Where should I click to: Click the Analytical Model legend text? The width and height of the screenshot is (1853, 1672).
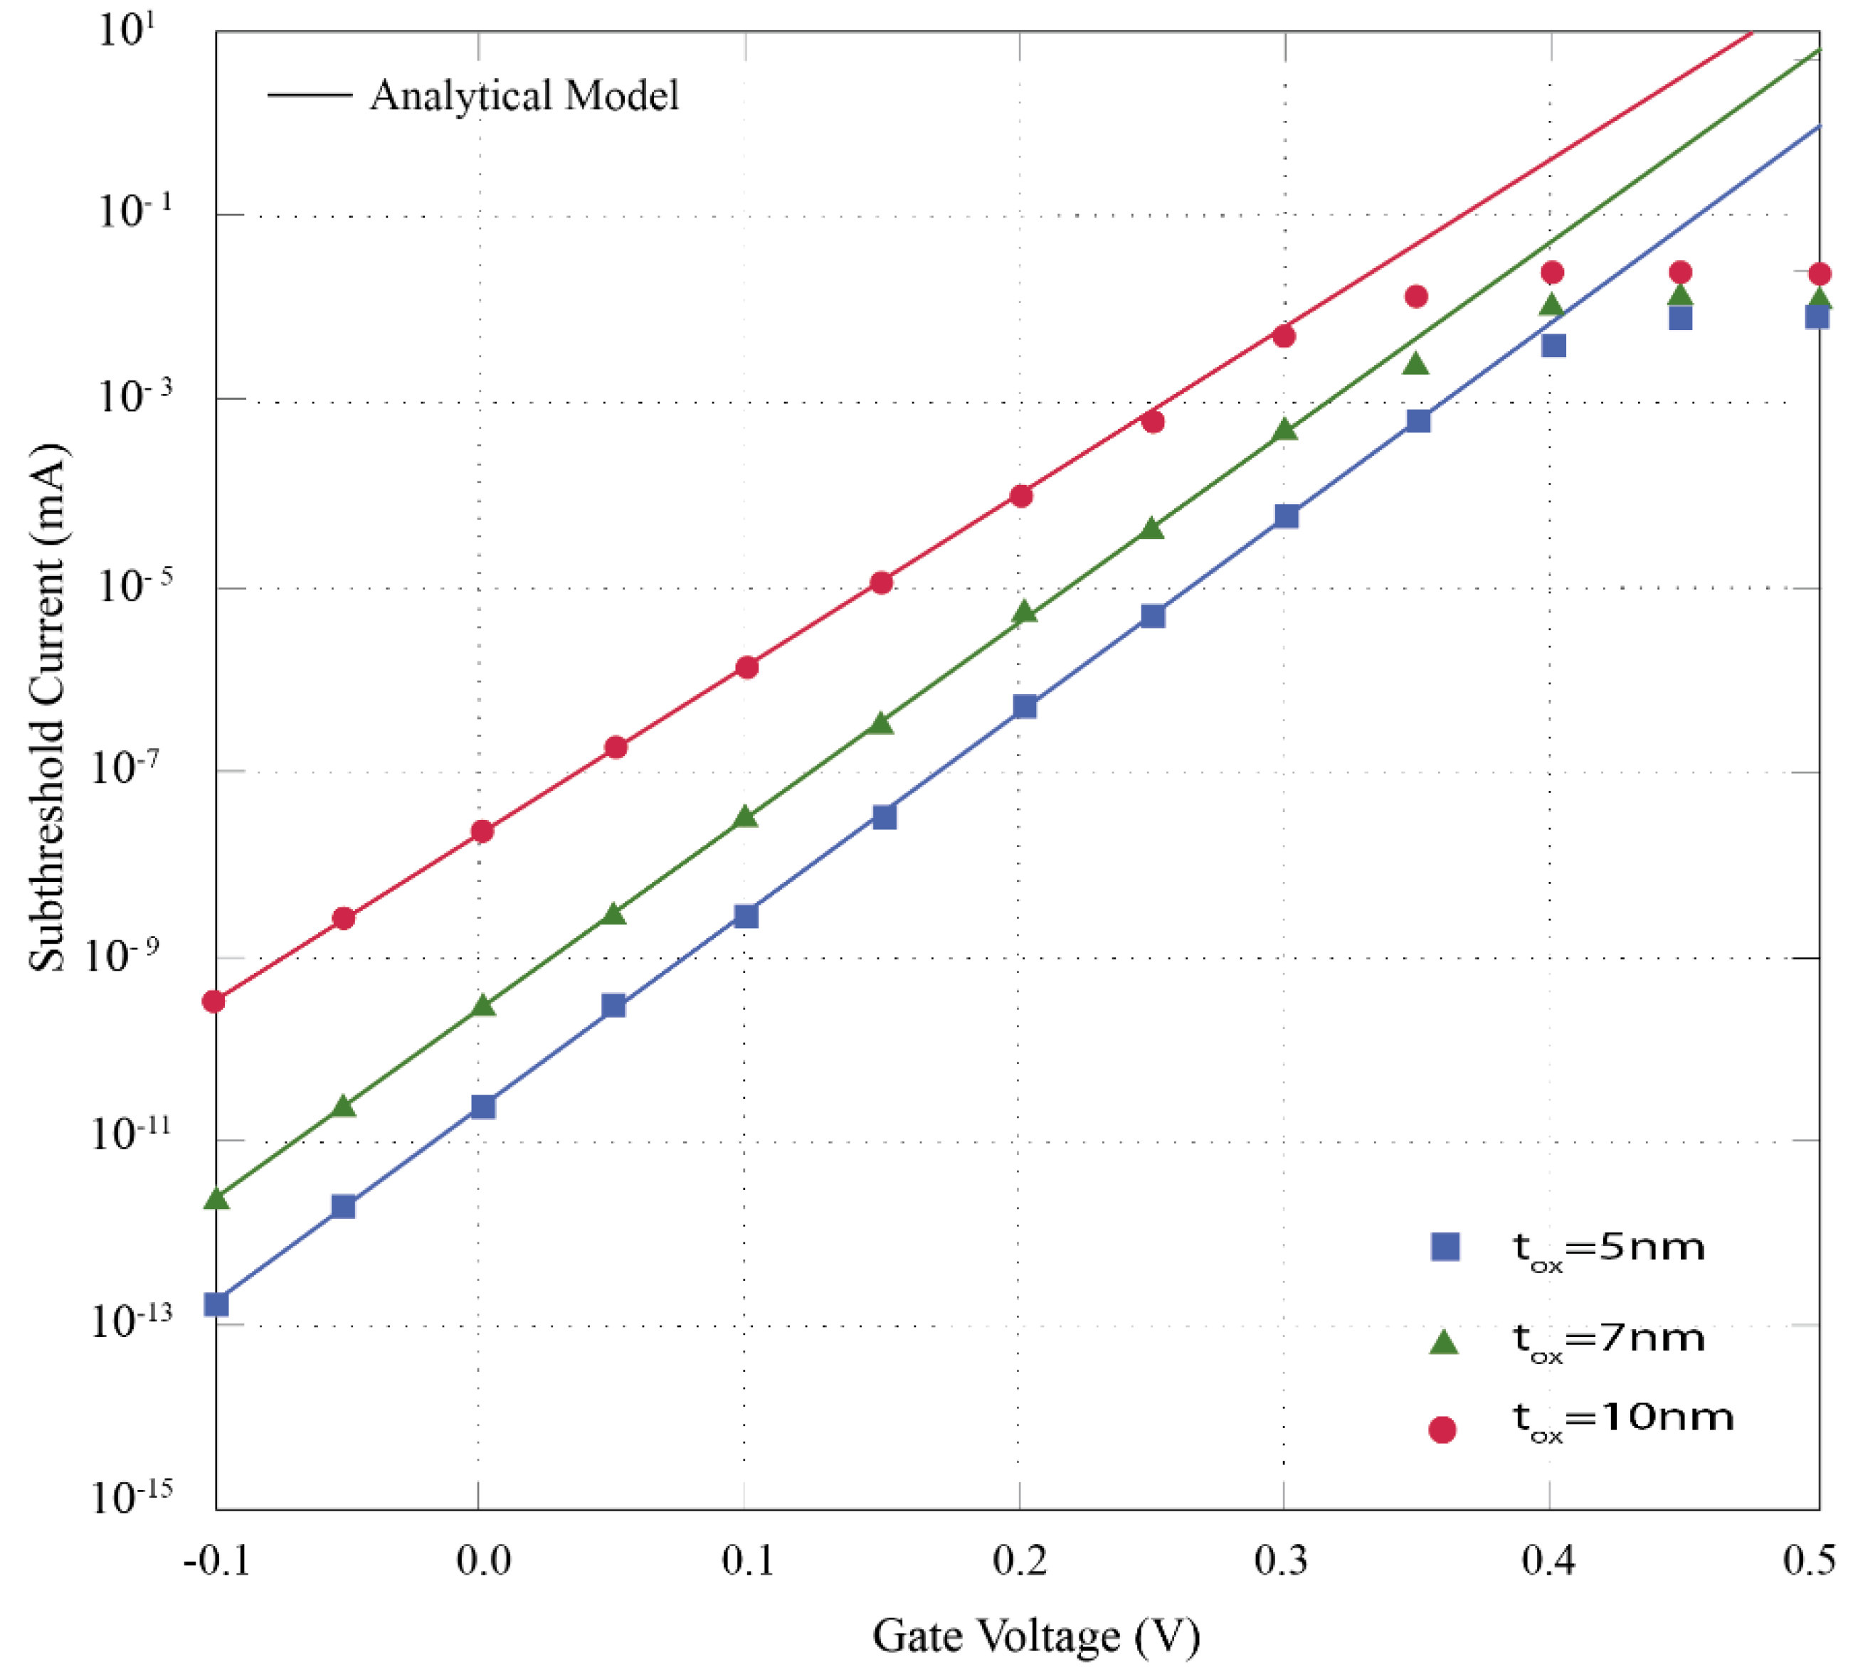pyautogui.click(x=524, y=95)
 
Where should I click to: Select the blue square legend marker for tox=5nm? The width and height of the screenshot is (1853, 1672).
pyautogui.click(x=1445, y=1247)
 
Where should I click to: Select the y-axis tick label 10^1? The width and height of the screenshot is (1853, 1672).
pyautogui.click(x=126, y=31)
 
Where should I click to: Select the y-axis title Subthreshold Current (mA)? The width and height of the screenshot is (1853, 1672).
pyautogui.click(x=48, y=708)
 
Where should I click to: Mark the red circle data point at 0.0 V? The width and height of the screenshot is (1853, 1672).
pyautogui.click(x=482, y=831)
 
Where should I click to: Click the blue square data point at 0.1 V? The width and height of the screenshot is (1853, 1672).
pyautogui.click(x=746, y=916)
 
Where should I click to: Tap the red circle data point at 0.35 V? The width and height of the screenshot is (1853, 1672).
pyautogui.click(x=1416, y=296)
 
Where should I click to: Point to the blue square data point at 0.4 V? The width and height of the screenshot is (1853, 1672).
pyautogui.click(x=1553, y=346)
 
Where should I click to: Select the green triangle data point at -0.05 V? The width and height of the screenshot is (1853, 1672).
pyautogui.click(x=343, y=1106)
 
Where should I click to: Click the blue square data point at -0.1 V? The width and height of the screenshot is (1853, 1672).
pyautogui.click(x=216, y=1304)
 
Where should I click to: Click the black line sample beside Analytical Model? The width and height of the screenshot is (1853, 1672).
pyautogui.click(x=309, y=95)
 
